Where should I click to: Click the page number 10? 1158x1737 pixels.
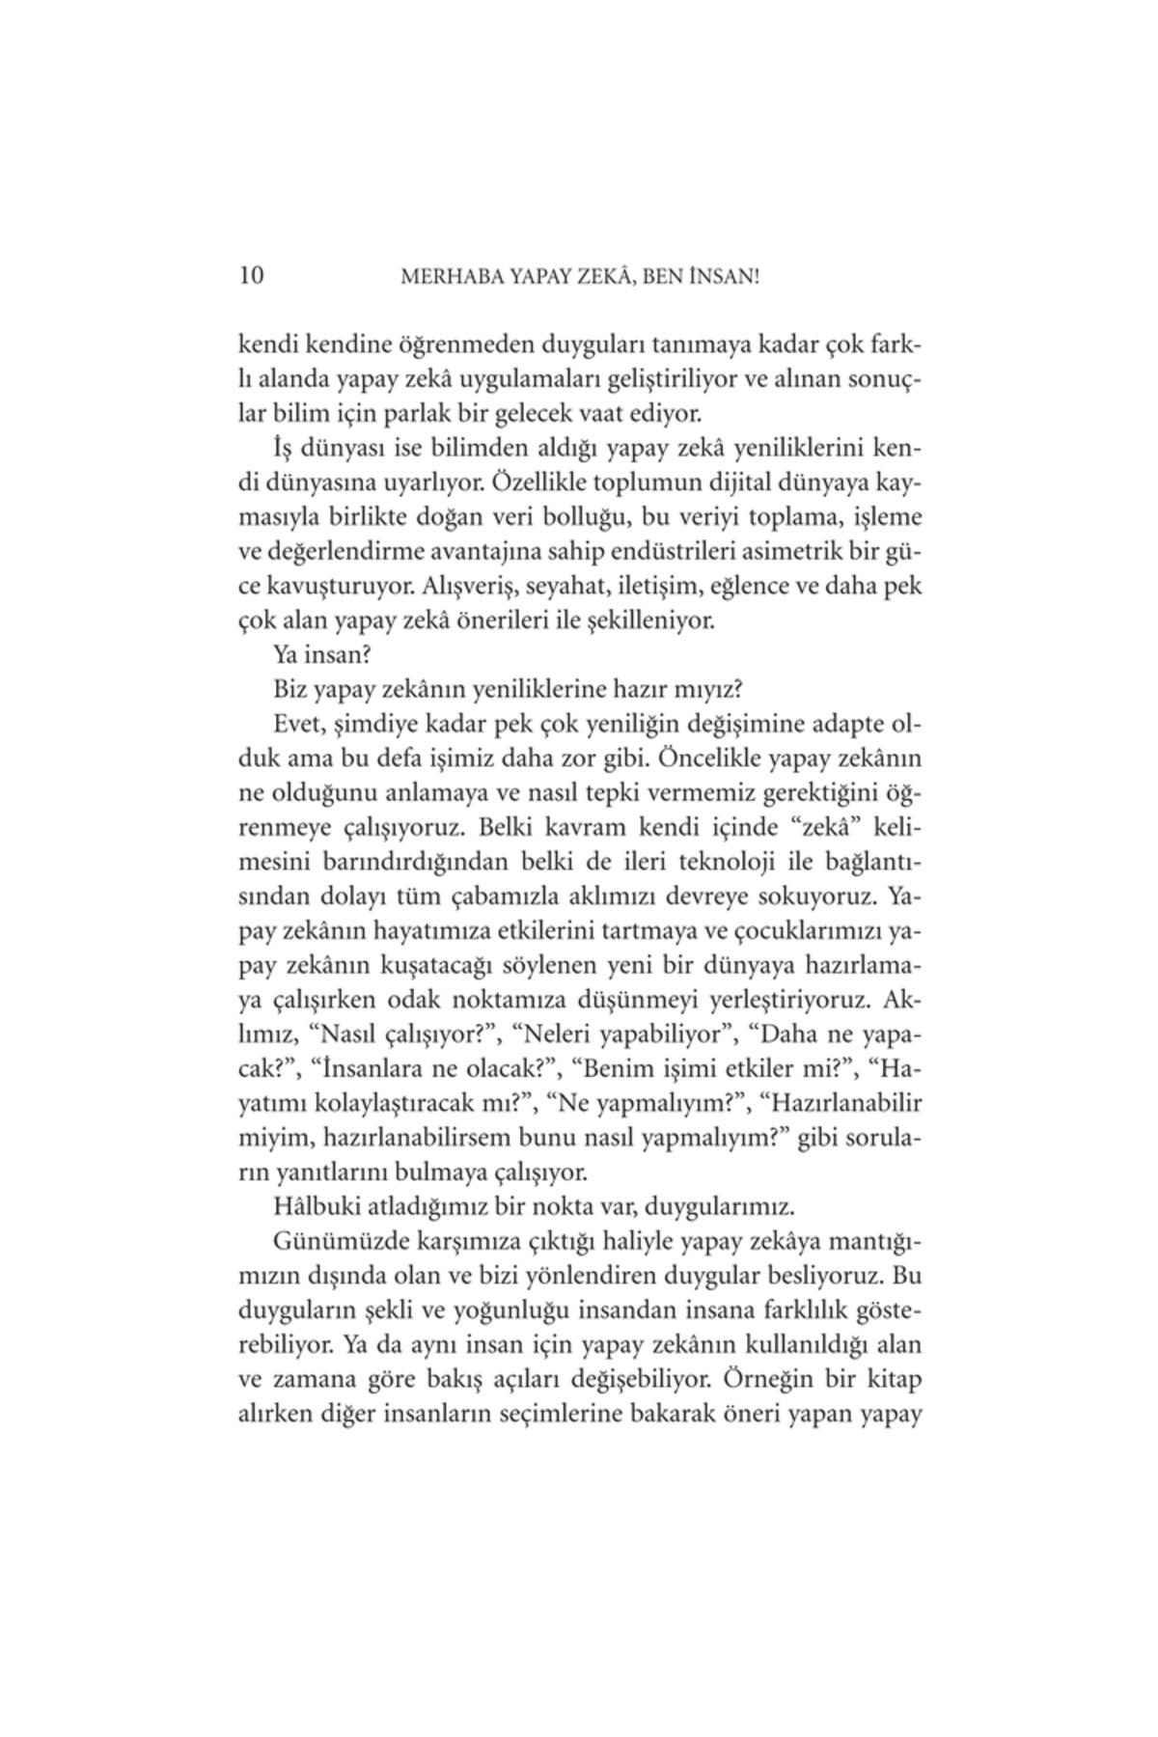250,276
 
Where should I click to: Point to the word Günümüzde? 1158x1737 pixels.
333,1240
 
